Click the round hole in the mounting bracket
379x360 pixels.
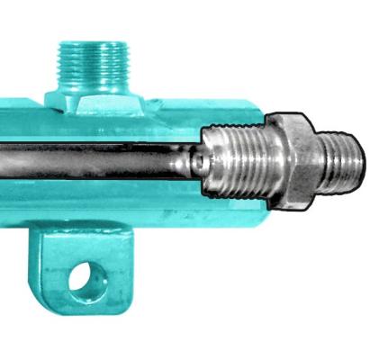pyautogui.click(x=81, y=278)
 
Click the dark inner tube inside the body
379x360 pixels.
pyautogui.click(x=90, y=162)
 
